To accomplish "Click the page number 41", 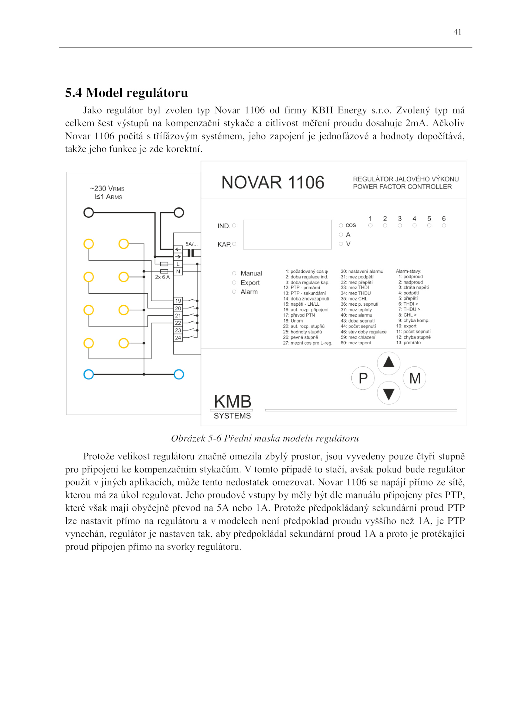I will point(457,32).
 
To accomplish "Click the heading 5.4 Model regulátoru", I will point(126,93).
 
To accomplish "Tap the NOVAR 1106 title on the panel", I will point(273,182).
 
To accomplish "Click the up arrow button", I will point(388,362).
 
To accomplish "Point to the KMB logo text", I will point(232,402).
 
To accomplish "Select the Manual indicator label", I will point(251,273).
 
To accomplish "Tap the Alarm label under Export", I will point(249,292).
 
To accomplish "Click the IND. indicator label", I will point(224,226).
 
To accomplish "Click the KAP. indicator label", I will point(224,244).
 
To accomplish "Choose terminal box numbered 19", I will point(178,301).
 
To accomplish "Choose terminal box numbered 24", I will point(178,338).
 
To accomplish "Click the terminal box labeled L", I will point(178,264).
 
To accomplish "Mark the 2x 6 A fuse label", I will point(162,277).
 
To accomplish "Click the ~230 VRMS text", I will point(107,188).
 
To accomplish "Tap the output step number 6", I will point(444,218).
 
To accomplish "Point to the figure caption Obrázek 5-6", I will point(265,438).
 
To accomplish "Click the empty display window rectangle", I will point(287,235).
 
